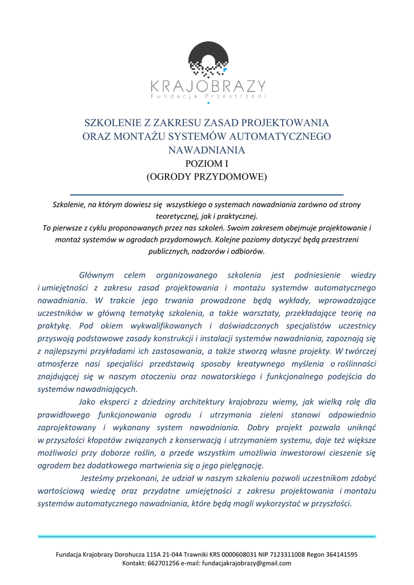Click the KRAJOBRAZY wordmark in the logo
pos(208,86)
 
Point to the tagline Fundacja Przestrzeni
pos(208,97)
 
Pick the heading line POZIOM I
pos(207,163)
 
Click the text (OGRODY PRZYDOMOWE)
pos(207,177)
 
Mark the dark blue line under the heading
pos(207,195)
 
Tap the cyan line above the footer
pos(207,537)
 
